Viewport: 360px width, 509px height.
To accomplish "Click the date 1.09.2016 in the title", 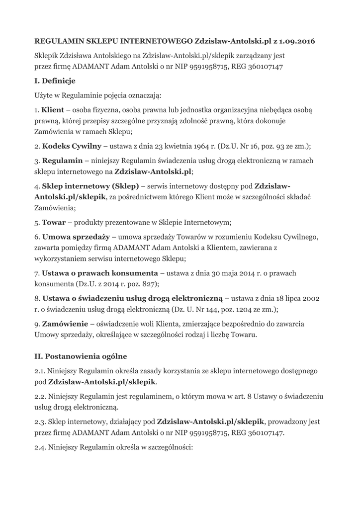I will tap(297, 40).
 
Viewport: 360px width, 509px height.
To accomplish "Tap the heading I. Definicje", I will tap(55, 81).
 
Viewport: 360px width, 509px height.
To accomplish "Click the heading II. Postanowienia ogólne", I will tap(81, 356).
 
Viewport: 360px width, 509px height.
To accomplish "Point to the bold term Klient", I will tap(53, 109).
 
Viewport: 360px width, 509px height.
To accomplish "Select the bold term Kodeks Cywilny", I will tap(71, 146).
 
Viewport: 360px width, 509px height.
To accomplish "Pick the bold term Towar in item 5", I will tap(54, 222).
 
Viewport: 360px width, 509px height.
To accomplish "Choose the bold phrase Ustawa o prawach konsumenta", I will tap(100, 273).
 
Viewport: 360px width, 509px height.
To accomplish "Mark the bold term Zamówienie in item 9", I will tap(65, 324).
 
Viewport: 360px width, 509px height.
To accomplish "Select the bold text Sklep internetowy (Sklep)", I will tap(90, 185).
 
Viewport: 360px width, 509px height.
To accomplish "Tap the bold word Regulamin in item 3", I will tap(63, 161).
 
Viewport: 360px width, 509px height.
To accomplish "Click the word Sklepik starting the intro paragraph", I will tap(47, 55).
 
